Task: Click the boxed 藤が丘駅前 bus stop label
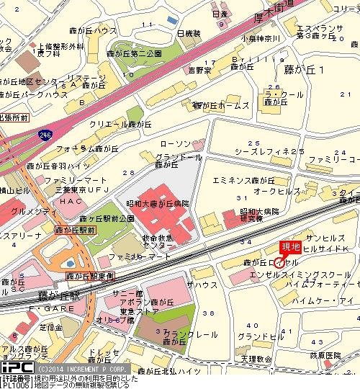pyautogui.click(x=75, y=231)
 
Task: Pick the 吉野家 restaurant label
pyautogui.click(x=199, y=71)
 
